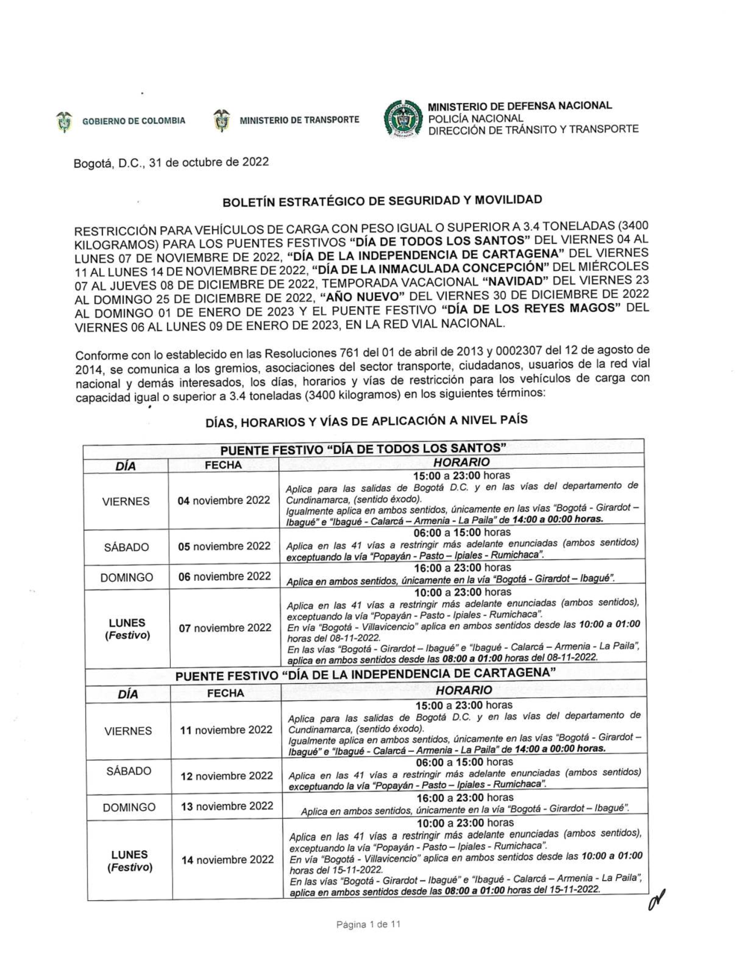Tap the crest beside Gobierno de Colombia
pos(65,120)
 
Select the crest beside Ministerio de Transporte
pos(222,119)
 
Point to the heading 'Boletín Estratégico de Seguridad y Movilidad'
pos(382,200)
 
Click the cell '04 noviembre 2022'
pos(224,500)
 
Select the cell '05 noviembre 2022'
pos(224,546)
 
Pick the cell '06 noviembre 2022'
pos(224,576)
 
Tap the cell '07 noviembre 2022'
pos(225,628)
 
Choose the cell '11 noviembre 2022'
pos(227,730)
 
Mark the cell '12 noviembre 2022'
pos(227,776)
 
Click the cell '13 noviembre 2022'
pos(227,806)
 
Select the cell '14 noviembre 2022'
pos(228,859)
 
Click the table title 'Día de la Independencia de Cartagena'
pos(367,676)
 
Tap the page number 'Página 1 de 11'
pos(369,925)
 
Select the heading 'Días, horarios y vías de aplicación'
pos(366,421)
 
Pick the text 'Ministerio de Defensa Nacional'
pos(520,106)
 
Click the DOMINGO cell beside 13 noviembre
pos(129,807)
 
